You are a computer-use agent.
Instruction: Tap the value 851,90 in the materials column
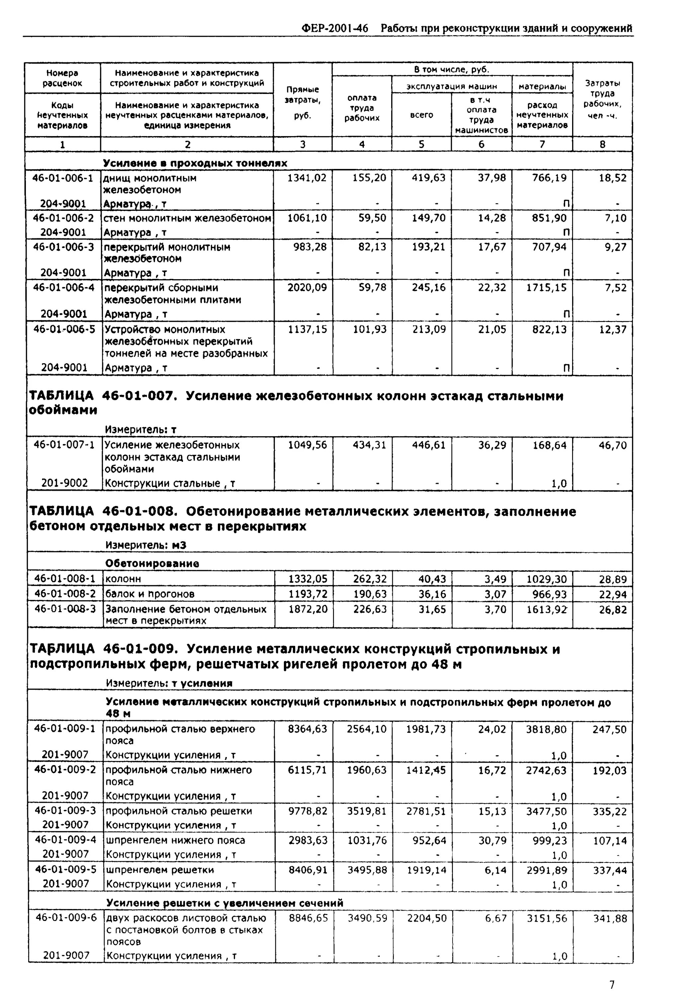click(x=549, y=218)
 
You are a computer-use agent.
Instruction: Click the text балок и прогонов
click(x=150, y=594)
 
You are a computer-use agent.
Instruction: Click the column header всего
click(x=421, y=115)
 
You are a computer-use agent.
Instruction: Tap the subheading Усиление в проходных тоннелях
click(x=195, y=163)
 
